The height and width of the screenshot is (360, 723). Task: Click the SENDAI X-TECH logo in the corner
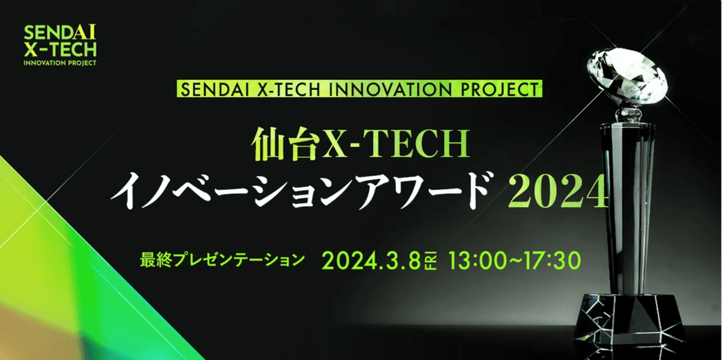(x=60, y=45)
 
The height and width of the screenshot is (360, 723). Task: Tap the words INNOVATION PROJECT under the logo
(x=60, y=63)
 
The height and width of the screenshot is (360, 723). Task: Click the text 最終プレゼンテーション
(x=222, y=259)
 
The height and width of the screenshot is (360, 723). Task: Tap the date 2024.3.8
(x=371, y=261)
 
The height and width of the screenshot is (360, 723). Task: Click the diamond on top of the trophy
(x=626, y=75)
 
